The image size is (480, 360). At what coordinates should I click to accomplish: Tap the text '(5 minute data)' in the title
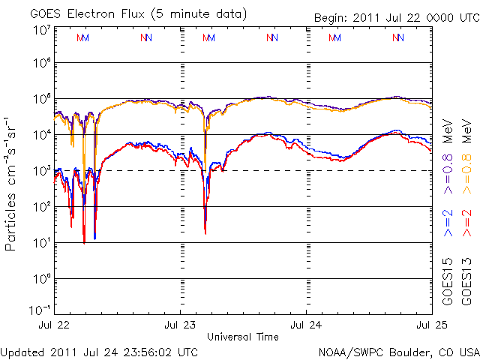coord(203,13)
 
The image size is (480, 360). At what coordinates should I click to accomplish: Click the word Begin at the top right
coord(334,16)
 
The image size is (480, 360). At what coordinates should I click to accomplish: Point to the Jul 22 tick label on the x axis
coord(53,325)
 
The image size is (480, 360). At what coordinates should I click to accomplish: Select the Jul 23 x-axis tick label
coord(180,325)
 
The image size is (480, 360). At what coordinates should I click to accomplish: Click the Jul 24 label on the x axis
coord(306,325)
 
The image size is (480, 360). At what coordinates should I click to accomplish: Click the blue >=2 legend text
coord(448,222)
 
